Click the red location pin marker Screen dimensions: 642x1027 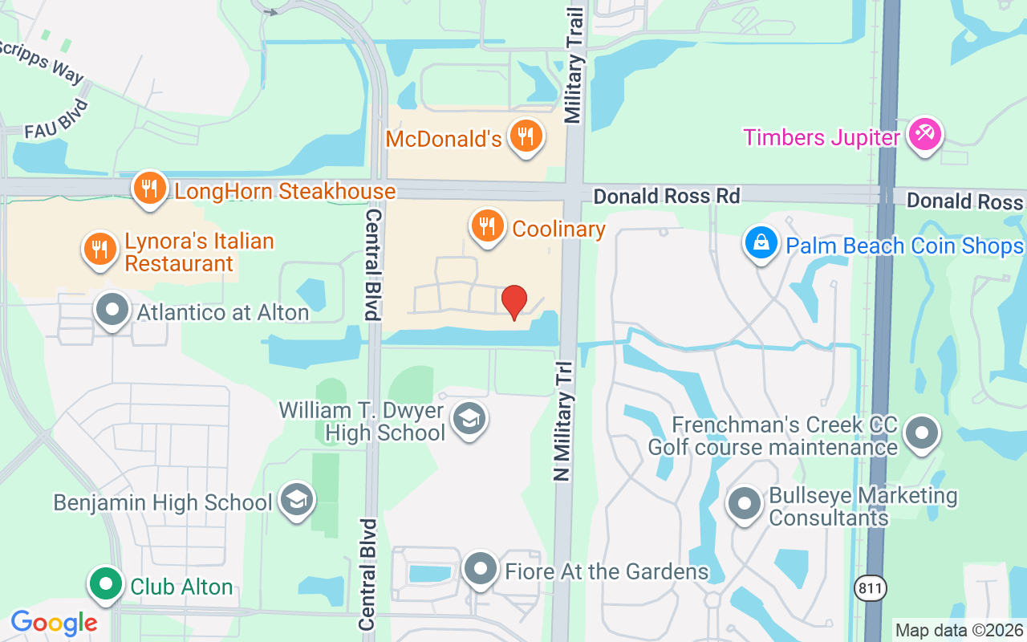[513, 302]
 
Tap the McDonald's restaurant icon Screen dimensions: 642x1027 [526, 136]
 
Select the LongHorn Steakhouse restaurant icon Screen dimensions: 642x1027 [149, 189]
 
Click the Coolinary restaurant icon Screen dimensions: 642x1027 [487, 226]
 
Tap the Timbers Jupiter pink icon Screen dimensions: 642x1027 [924, 135]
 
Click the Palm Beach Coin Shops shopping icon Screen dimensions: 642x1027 [760, 242]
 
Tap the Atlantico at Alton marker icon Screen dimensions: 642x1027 [112, 310]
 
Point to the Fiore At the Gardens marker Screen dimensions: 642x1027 [481, 569]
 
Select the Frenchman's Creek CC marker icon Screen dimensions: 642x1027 [921, 434]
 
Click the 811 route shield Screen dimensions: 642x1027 [870, 587]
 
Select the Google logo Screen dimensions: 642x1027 [54, 623]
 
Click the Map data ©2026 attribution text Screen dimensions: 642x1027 [959, 631]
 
